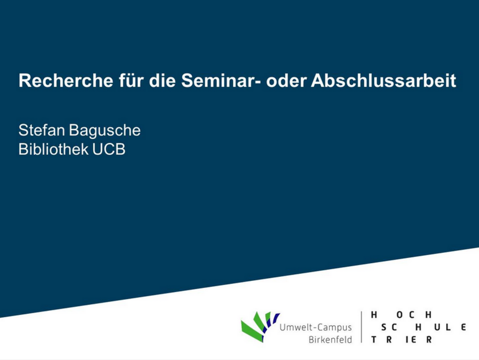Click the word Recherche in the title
click(66, 80)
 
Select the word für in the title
click(131, 80)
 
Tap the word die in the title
click(162, 80)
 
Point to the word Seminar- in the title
click(221, 80)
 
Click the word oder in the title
click(286, 80)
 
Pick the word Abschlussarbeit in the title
click(384, 80)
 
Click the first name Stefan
click(41, 130)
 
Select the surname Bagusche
click(105, 131)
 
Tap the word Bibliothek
click(53, 149)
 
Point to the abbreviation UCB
click(109, 149)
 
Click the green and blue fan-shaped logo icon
click(260, 327)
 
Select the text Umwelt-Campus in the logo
click(316, 328)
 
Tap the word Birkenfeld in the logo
click(330, 339)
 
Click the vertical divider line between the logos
click(362, 327)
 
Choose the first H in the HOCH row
click(374, 315)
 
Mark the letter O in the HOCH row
click(399, 315)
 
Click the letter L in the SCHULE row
click(448, 327)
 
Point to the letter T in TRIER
click(374, 339)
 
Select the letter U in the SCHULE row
click(437, 327)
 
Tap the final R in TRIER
click(429, 339)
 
